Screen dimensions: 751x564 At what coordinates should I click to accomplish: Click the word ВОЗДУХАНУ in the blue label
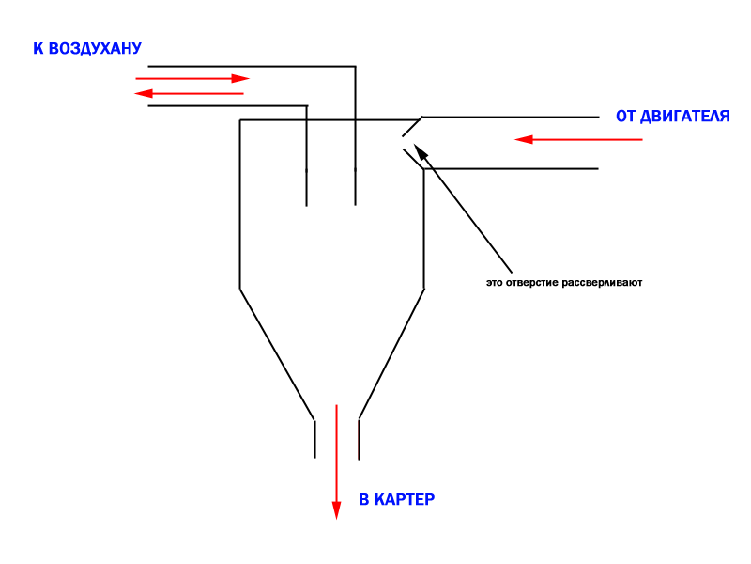pyautogui.click(x=95, y=49)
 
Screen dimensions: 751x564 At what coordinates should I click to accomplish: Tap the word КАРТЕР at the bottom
pyautogui.click(x=405, y=500)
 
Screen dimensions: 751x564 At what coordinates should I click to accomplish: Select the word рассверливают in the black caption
pyautogui.click(x=602, y=283)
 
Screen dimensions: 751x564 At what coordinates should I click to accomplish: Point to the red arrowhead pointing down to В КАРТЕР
pyautogui.click(x=336, y=510)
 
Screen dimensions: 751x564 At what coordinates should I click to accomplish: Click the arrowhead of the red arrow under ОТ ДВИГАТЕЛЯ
pyautogui.click(x=524, y=139)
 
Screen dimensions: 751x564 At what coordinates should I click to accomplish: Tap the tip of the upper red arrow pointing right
pyautogui.click(x=250, y=78)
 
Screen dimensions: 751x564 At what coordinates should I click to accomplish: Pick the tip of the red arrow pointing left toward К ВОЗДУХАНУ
pyautogui.click(x=134, y=93)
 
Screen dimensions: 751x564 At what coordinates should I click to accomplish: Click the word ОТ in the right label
pyautogui.click(x=625, y=116)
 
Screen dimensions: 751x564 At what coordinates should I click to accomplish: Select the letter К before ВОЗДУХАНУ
pyautogui.click(x=38, y=49)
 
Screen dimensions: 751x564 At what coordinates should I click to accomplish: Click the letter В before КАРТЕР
pyautogui.click(x=364, y=500)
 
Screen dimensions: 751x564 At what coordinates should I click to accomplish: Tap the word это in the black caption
pyautogui.click(x=495, y=283)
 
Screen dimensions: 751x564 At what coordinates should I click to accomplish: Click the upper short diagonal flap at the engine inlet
pyautogui.click(x=412, y=127)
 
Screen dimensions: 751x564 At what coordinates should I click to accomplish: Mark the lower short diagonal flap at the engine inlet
pyautogui.click(x=414, y=159)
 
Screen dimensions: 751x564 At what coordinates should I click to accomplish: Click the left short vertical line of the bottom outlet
pyautogui.click(x=314, y=439)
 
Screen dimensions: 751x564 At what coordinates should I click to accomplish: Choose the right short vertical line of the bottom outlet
pyautogui.click(x=360, y=440)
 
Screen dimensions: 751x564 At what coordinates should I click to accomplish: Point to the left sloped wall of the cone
pyautogui.click(x=277, y=354)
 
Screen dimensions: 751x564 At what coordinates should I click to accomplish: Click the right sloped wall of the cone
pyautogui.click(x=391, y=354)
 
